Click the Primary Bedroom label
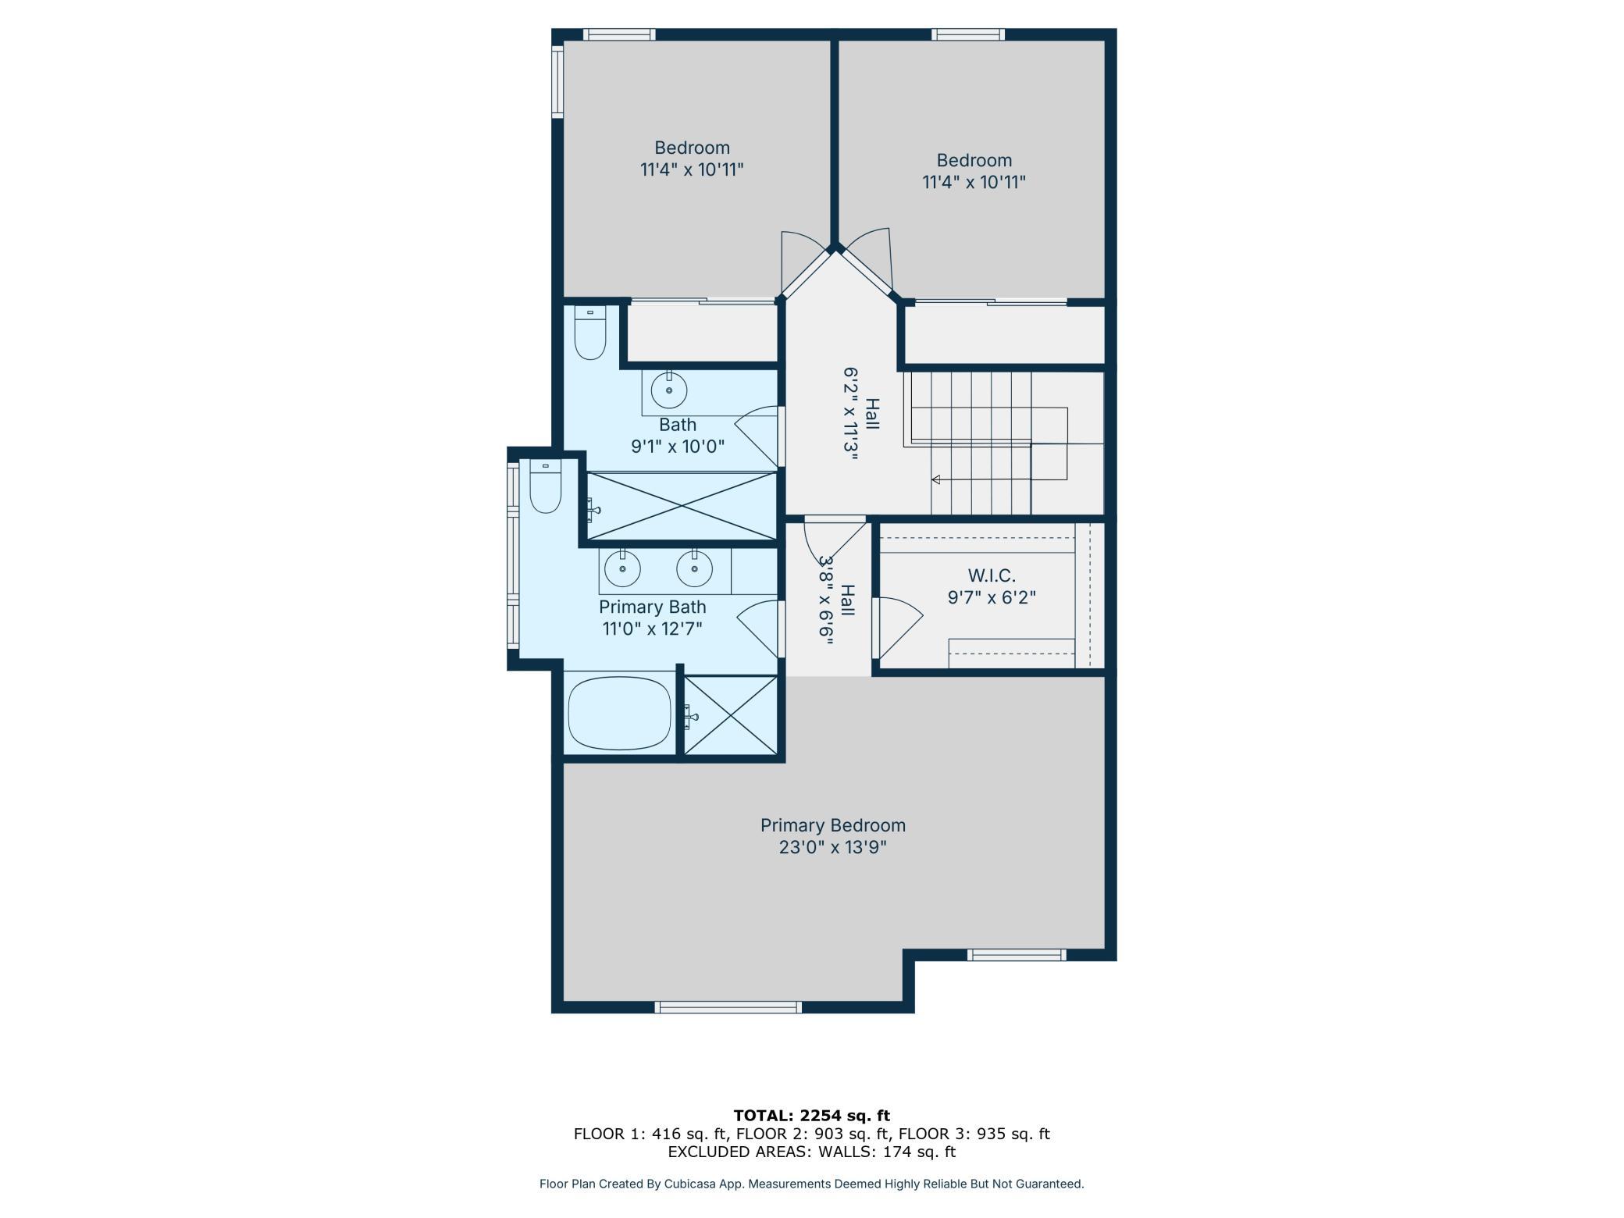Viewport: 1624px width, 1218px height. pyautogui.click(x=833, y=825)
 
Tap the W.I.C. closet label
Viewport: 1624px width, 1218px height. pyautogui.click(x=992, y=576)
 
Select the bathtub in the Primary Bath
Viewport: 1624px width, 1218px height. pyautogui.click(x=619, y=713)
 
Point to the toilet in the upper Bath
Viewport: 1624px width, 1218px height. pyautogui.click(x=590, y=333)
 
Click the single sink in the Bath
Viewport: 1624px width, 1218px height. pyautogui.click(x=669, y=389)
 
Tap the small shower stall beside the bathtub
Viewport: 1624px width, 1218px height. pyautogui.click(x=731, y=715)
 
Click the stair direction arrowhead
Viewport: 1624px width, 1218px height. pyautogui.click(x=935, y=479)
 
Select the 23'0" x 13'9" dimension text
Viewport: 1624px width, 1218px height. pyautogui.click(x=833, y=847)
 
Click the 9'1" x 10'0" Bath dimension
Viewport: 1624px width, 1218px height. pyautogui.click(x=678, y=447)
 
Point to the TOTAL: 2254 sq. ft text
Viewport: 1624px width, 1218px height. pyautogui.click(x=812, y=1116)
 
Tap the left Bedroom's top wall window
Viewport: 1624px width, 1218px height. pyautogui.click(x=619, y=34)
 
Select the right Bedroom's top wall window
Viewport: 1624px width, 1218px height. pyautogui.click(x=968, y=34)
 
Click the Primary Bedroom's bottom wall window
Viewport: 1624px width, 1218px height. pyautogui.click(x=728, y=1007)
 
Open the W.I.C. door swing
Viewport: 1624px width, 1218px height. pyautogui.click(x=898, y=629)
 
